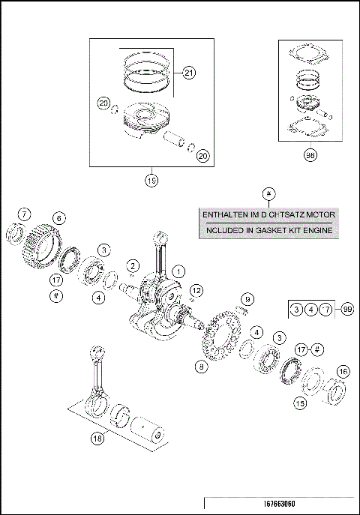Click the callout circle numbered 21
click(x=187, y=73)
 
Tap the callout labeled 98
click(x=309, y=156)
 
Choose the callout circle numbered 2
click(x=132, y=266)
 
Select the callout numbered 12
click(x=196, y=290)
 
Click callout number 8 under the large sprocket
click(x=201, y=367)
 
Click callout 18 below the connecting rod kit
click(x=96, y=439)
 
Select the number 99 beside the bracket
click(x=346, y=308)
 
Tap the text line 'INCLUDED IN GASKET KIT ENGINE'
click(x=268, y=231)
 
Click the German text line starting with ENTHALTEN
click(x=268, y=215)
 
